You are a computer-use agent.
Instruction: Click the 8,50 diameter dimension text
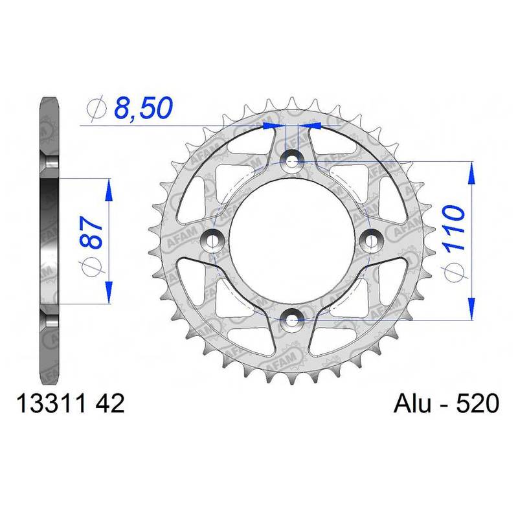143,107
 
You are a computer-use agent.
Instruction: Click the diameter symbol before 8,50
95,109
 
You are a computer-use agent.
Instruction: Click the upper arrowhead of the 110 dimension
471,170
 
